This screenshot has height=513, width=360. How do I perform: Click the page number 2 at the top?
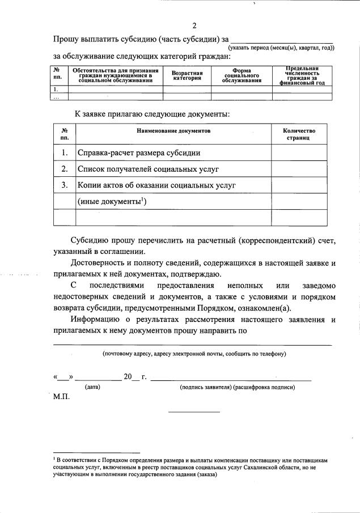tap(194, 26)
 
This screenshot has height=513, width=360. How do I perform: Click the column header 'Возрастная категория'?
tap(187, 76)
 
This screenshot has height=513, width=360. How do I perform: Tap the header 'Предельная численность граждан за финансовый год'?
tap(302, 75)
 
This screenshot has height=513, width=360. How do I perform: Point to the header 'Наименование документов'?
tap(173, 131)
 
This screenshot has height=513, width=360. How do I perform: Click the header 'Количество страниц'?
tap(299, 134)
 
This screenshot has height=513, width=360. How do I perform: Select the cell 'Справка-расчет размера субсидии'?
tap(139, 153)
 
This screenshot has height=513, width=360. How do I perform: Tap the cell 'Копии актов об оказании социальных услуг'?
tap(156, 185)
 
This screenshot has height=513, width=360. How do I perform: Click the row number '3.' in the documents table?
tap(65, 185)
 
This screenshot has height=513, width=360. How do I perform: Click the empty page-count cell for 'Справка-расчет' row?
tap(299, 153)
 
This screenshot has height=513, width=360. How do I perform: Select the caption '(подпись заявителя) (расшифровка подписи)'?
tap(237, 388)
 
